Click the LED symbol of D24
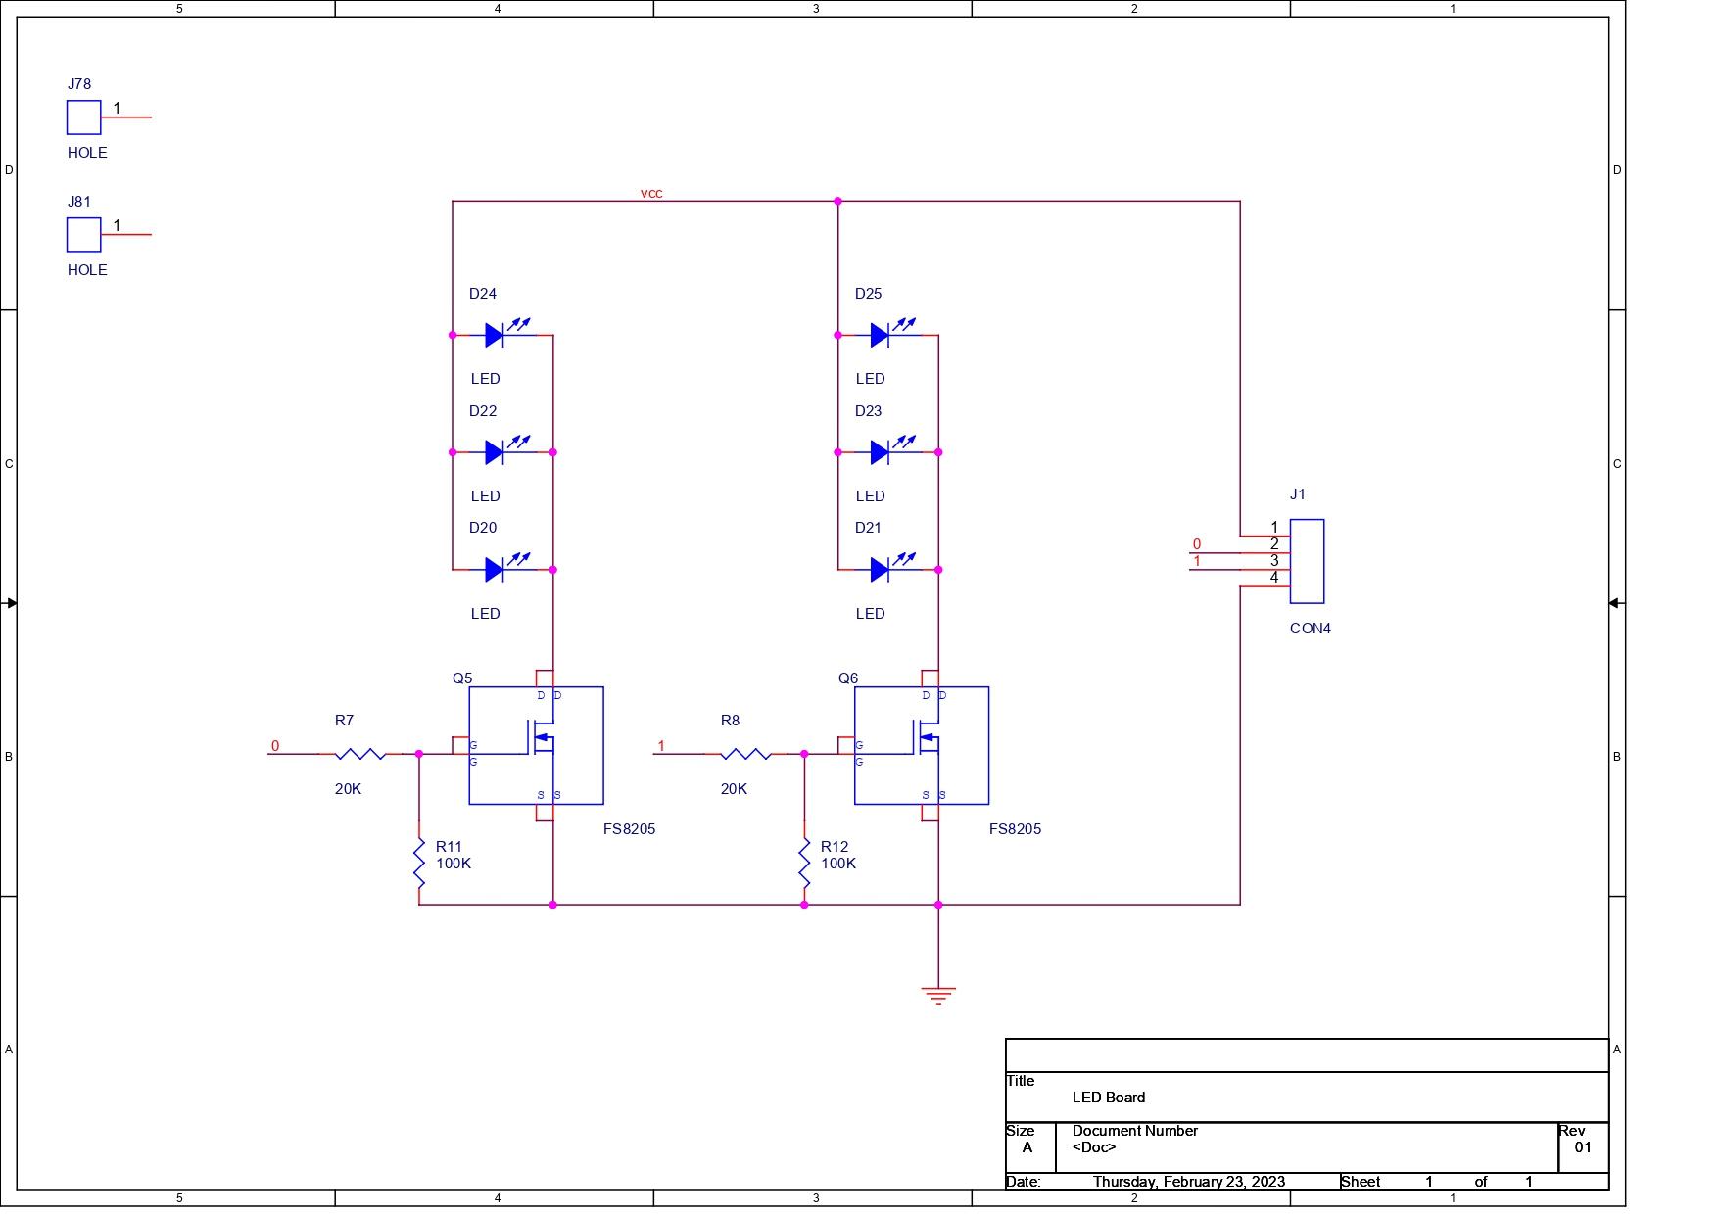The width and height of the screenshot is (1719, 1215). tap(496, 336)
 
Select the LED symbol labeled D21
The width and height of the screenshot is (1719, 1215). tap(881, 570)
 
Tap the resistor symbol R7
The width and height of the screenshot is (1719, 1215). tap(359, 754)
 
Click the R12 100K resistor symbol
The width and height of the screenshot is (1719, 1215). tap(805, 864)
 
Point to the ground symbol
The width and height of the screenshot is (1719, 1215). tap(938, 996)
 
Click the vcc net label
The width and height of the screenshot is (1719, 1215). tap(651, 193)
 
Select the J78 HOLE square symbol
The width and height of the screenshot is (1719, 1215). tap(84, 117)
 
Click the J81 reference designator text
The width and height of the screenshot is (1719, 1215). tap(79, 202)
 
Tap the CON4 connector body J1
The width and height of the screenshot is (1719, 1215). tap(1307, 561)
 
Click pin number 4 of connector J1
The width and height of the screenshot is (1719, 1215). tap(1274, 578)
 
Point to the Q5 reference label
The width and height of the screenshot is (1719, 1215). tap(462, 678)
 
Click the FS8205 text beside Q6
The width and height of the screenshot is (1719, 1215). tap(1015, 829)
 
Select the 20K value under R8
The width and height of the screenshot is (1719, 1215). tap(734, 789)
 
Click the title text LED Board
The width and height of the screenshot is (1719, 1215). tap(1108, 1098)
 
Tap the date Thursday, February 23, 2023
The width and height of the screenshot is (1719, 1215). tap(1188, 1182)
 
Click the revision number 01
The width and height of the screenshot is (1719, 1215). tap(1583, 1147)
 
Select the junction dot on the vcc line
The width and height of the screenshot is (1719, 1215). tap(837, 201)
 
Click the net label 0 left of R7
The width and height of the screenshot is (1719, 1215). tap(275, 746)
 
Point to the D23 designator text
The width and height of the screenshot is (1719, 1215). tap(868, 411)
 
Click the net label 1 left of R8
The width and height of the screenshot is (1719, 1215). tap(661, 746)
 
